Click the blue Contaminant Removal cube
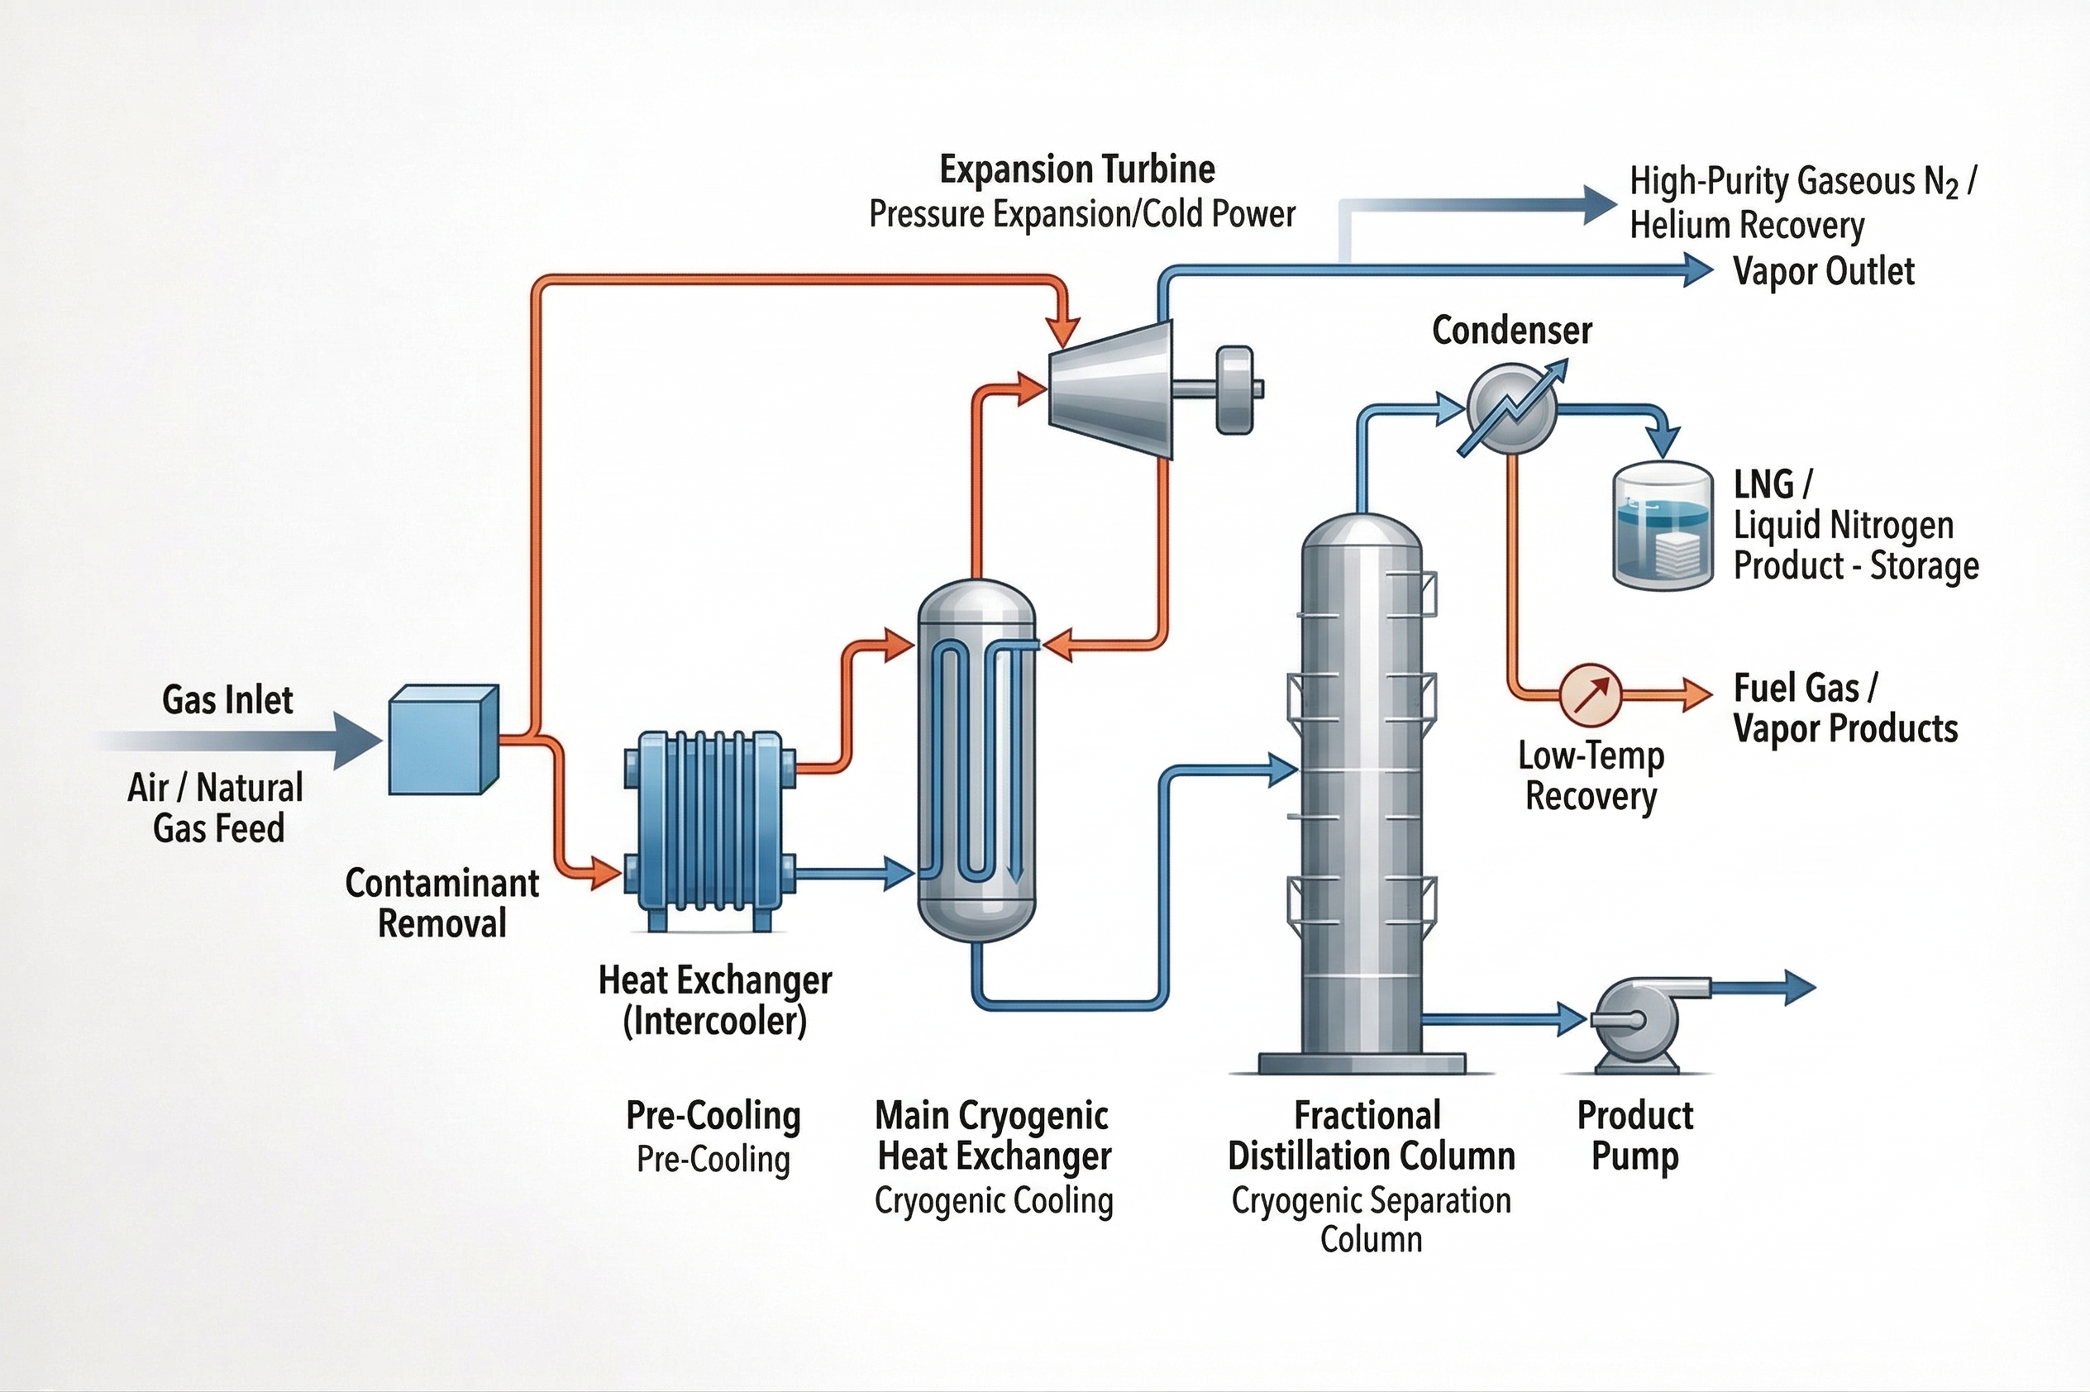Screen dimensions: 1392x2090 click(443, 740)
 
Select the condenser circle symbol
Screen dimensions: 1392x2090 click(1512, 410)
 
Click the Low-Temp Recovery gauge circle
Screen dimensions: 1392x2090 click(1590, 694)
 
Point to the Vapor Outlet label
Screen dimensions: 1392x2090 click(1823, 271)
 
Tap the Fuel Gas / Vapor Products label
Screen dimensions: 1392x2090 click(1844, 708)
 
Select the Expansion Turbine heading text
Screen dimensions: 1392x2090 click(1077, 169)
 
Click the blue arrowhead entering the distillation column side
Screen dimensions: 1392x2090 click(1283, 770)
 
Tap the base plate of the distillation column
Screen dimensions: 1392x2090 click(1361, 1063)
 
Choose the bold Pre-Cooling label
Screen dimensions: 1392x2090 click(713, 1115)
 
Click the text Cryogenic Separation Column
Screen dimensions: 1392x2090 click(1371, 1219)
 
